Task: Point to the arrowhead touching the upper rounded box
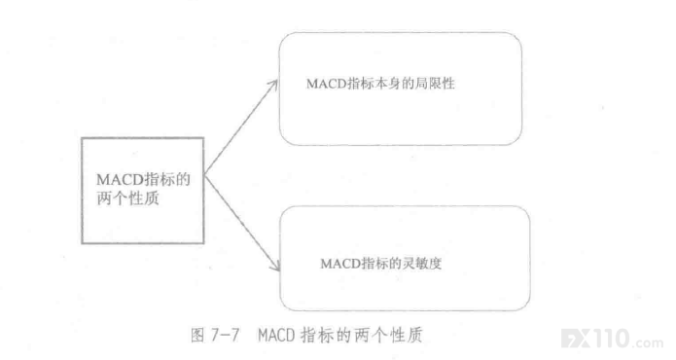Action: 273,86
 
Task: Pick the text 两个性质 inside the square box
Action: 127,198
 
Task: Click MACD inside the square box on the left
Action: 121,179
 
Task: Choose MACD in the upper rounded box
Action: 327,84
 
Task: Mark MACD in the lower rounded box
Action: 340,264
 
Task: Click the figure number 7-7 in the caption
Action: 226,335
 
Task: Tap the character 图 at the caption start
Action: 197,335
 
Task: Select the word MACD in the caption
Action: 276,335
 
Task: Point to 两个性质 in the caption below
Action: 388,335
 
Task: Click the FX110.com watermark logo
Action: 612,339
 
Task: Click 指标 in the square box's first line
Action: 160,179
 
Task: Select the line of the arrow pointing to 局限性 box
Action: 241,127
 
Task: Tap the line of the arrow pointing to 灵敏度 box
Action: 242,223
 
